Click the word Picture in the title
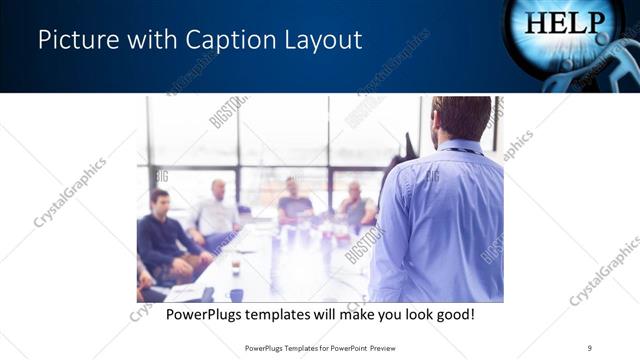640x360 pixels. coord(77,40)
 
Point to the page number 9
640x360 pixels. coord(590,347)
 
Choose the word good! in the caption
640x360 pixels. coord(453,315)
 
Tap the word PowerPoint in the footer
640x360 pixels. coord(339,347)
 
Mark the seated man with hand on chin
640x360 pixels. coord(354,205)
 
